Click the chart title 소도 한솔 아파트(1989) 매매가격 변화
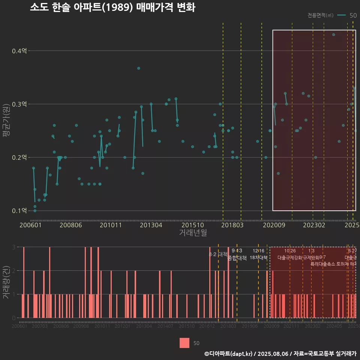coord(112,7)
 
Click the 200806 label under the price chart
coord(71,225)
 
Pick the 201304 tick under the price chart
coord(151,225)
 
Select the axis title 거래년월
coord(193,233)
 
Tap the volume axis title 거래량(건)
coord(6,282)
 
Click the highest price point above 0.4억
coord(333,34)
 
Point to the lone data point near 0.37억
coord(138,68)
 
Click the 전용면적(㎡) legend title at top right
coord(320,15)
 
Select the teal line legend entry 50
coord(347,15)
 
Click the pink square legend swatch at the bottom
coord(184,343)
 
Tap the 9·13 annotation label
coord(237,250)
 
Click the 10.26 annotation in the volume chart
coord(290,250)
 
